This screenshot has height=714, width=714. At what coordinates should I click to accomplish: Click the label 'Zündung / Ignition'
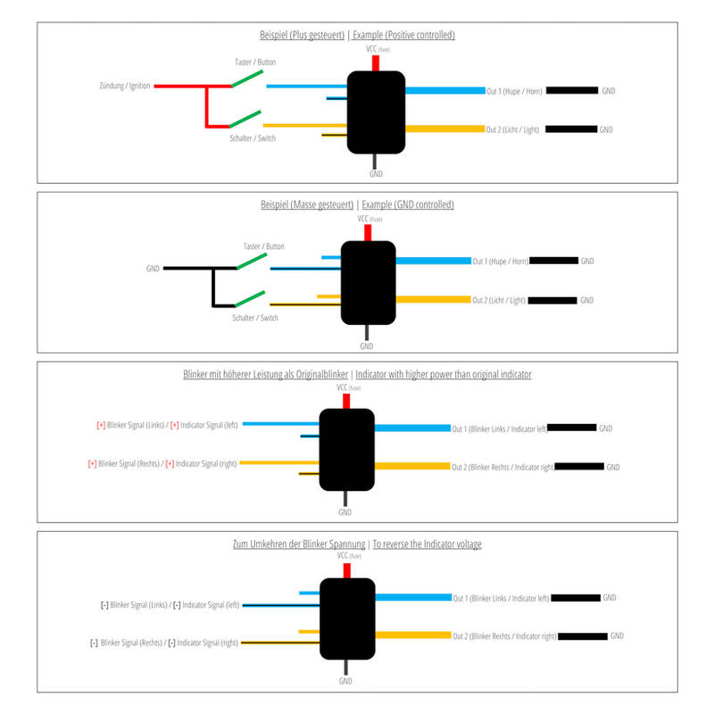point(125,87)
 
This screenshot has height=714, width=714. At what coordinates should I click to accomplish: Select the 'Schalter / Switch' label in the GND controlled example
point(255,318)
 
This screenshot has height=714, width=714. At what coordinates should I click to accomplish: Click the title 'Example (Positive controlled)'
point(403,35)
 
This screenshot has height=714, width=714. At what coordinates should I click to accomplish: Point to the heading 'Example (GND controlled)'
point(403,204)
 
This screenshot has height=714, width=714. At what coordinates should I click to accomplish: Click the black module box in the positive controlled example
point(376,112)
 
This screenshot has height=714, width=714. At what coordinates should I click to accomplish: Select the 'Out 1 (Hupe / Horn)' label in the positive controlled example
point(513,91)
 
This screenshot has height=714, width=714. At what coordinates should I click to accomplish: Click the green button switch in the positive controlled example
point(246,79)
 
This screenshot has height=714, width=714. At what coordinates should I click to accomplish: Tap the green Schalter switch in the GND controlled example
point(250,298)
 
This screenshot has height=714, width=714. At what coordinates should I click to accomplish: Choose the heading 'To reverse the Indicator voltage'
point(427,544)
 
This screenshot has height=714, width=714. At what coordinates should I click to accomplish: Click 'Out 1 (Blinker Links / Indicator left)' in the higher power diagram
point(499,428)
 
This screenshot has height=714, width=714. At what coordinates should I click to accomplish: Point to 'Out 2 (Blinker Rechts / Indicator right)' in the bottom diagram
point(505,636)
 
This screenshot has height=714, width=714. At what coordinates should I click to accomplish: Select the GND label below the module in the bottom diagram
point(345,681)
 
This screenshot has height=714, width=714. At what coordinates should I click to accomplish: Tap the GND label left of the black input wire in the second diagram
point(153,269)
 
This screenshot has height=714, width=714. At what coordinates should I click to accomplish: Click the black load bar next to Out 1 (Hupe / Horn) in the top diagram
point(571,91)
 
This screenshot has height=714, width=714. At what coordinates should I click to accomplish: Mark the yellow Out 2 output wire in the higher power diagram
point(412,466)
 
